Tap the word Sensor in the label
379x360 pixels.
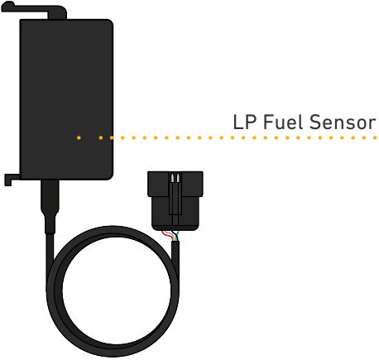click(x=343, y=122)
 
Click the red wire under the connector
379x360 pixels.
click(x=167, y=235)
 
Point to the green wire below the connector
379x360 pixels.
click(x=177, y=235)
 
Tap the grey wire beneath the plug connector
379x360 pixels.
click(x=171, y=235)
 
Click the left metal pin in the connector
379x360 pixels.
click(x=172, y=178)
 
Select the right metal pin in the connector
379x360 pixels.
click(x=178, y=178)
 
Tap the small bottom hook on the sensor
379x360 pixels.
click(x=11, y=180)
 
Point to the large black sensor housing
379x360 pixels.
click(x=66, y=99)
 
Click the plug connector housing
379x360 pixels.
click(x=175, y=200)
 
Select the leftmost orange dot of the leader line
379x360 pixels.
click(x=79, y=137)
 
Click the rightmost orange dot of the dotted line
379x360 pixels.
click(x=375, y=137)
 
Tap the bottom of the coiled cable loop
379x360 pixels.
click(x=113, y=350)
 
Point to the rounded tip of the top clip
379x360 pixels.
click(x=7, y=6)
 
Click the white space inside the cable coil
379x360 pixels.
click(x=116, y=290)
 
